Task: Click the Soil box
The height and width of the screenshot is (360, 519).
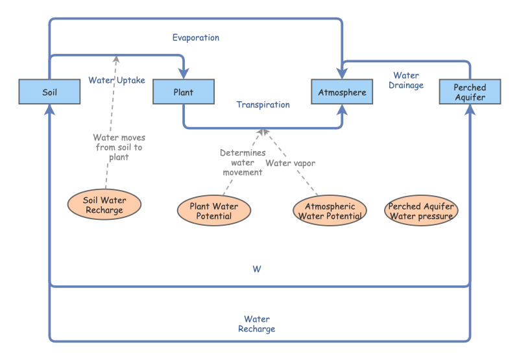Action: [50, 92]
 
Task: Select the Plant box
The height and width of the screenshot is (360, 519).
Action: [183, 92]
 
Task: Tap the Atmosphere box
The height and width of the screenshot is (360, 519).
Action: [342, 92]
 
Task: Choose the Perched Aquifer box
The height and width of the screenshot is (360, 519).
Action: [469, 92]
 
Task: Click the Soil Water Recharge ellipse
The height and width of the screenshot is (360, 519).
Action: [104, 205]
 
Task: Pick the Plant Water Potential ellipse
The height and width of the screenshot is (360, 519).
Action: [213, 211]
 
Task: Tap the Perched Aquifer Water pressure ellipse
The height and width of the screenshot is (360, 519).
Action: [420, 211]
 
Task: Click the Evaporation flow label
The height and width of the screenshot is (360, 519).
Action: [195, 38]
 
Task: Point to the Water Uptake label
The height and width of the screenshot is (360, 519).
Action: [117, 80]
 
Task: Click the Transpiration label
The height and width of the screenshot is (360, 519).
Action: [263, 104]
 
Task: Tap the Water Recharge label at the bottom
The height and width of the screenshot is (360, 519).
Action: [257, 324]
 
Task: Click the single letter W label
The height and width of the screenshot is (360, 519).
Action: [257, 269]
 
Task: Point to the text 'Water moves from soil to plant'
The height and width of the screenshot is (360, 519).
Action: [118, 147]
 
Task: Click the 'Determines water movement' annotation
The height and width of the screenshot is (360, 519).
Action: [242, 162]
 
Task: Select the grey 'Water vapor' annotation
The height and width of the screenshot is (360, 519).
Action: [290, 163]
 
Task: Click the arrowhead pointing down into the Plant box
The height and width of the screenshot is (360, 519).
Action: [184, 75]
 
